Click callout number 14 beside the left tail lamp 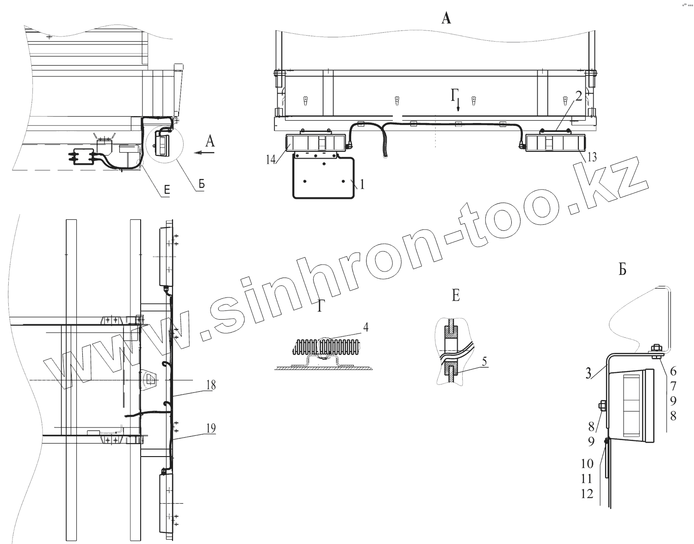tap(271, 159)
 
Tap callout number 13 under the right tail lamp tap(592, 157)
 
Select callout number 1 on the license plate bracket tap(362, 184)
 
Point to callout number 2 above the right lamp tap(579, 95)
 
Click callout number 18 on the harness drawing tap(211, 385)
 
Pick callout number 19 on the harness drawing tap(211, 428)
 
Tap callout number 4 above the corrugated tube tap(366, 327)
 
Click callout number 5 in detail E tap(484, 362)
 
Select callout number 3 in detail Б tap(589, 374)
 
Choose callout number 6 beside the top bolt tap(673, 371)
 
